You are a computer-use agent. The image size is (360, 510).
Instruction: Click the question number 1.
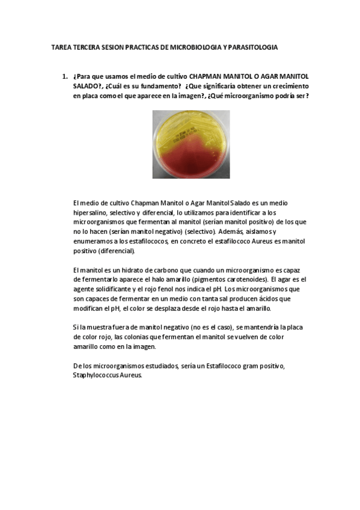click(64, 78)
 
